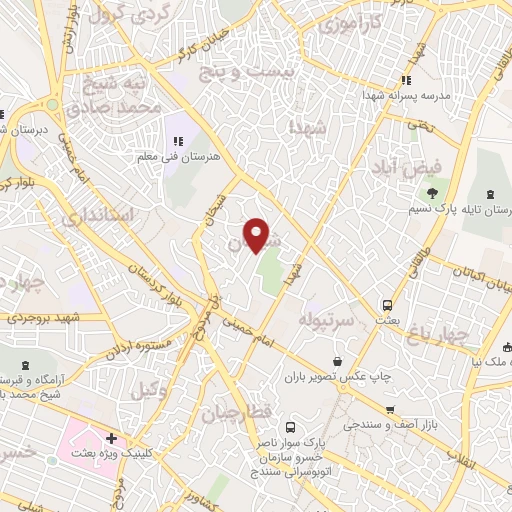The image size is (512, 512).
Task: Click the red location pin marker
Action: pyautogui.click(x=258, y=234)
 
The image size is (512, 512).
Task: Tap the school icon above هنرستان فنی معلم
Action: pyautogui.click(x=179, y=141)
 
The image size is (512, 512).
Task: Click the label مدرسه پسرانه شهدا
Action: pyautogui.click(x=406, y=96)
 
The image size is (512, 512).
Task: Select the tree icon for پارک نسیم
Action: pyautogui.click(x=432, y=193)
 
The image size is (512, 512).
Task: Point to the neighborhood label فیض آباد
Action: pyautogui.click(x=406, y=165)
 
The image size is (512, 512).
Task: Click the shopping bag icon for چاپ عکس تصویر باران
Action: pyautogui.click(x=337, y=361)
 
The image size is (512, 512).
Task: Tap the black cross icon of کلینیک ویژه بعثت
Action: pyautogui.click(x=110, y=438)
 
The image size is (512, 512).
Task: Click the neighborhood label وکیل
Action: pyautogui.click(x=151, y=391)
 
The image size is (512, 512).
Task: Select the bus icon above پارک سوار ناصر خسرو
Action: pyautogui.click(x=289, y=424)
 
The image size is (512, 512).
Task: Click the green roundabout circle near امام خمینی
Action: pyautogui.click(x=51, y=103)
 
